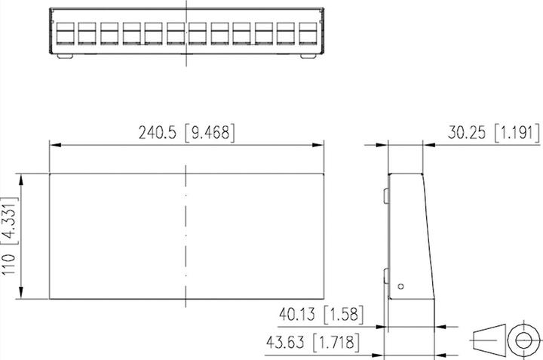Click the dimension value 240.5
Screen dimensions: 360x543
(x=157, y=134)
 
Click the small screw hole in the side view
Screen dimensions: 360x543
(x=401, y=285)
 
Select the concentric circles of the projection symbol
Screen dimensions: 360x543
(x=520, y=339)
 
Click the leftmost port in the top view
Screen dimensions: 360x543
(x=63, y=33)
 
